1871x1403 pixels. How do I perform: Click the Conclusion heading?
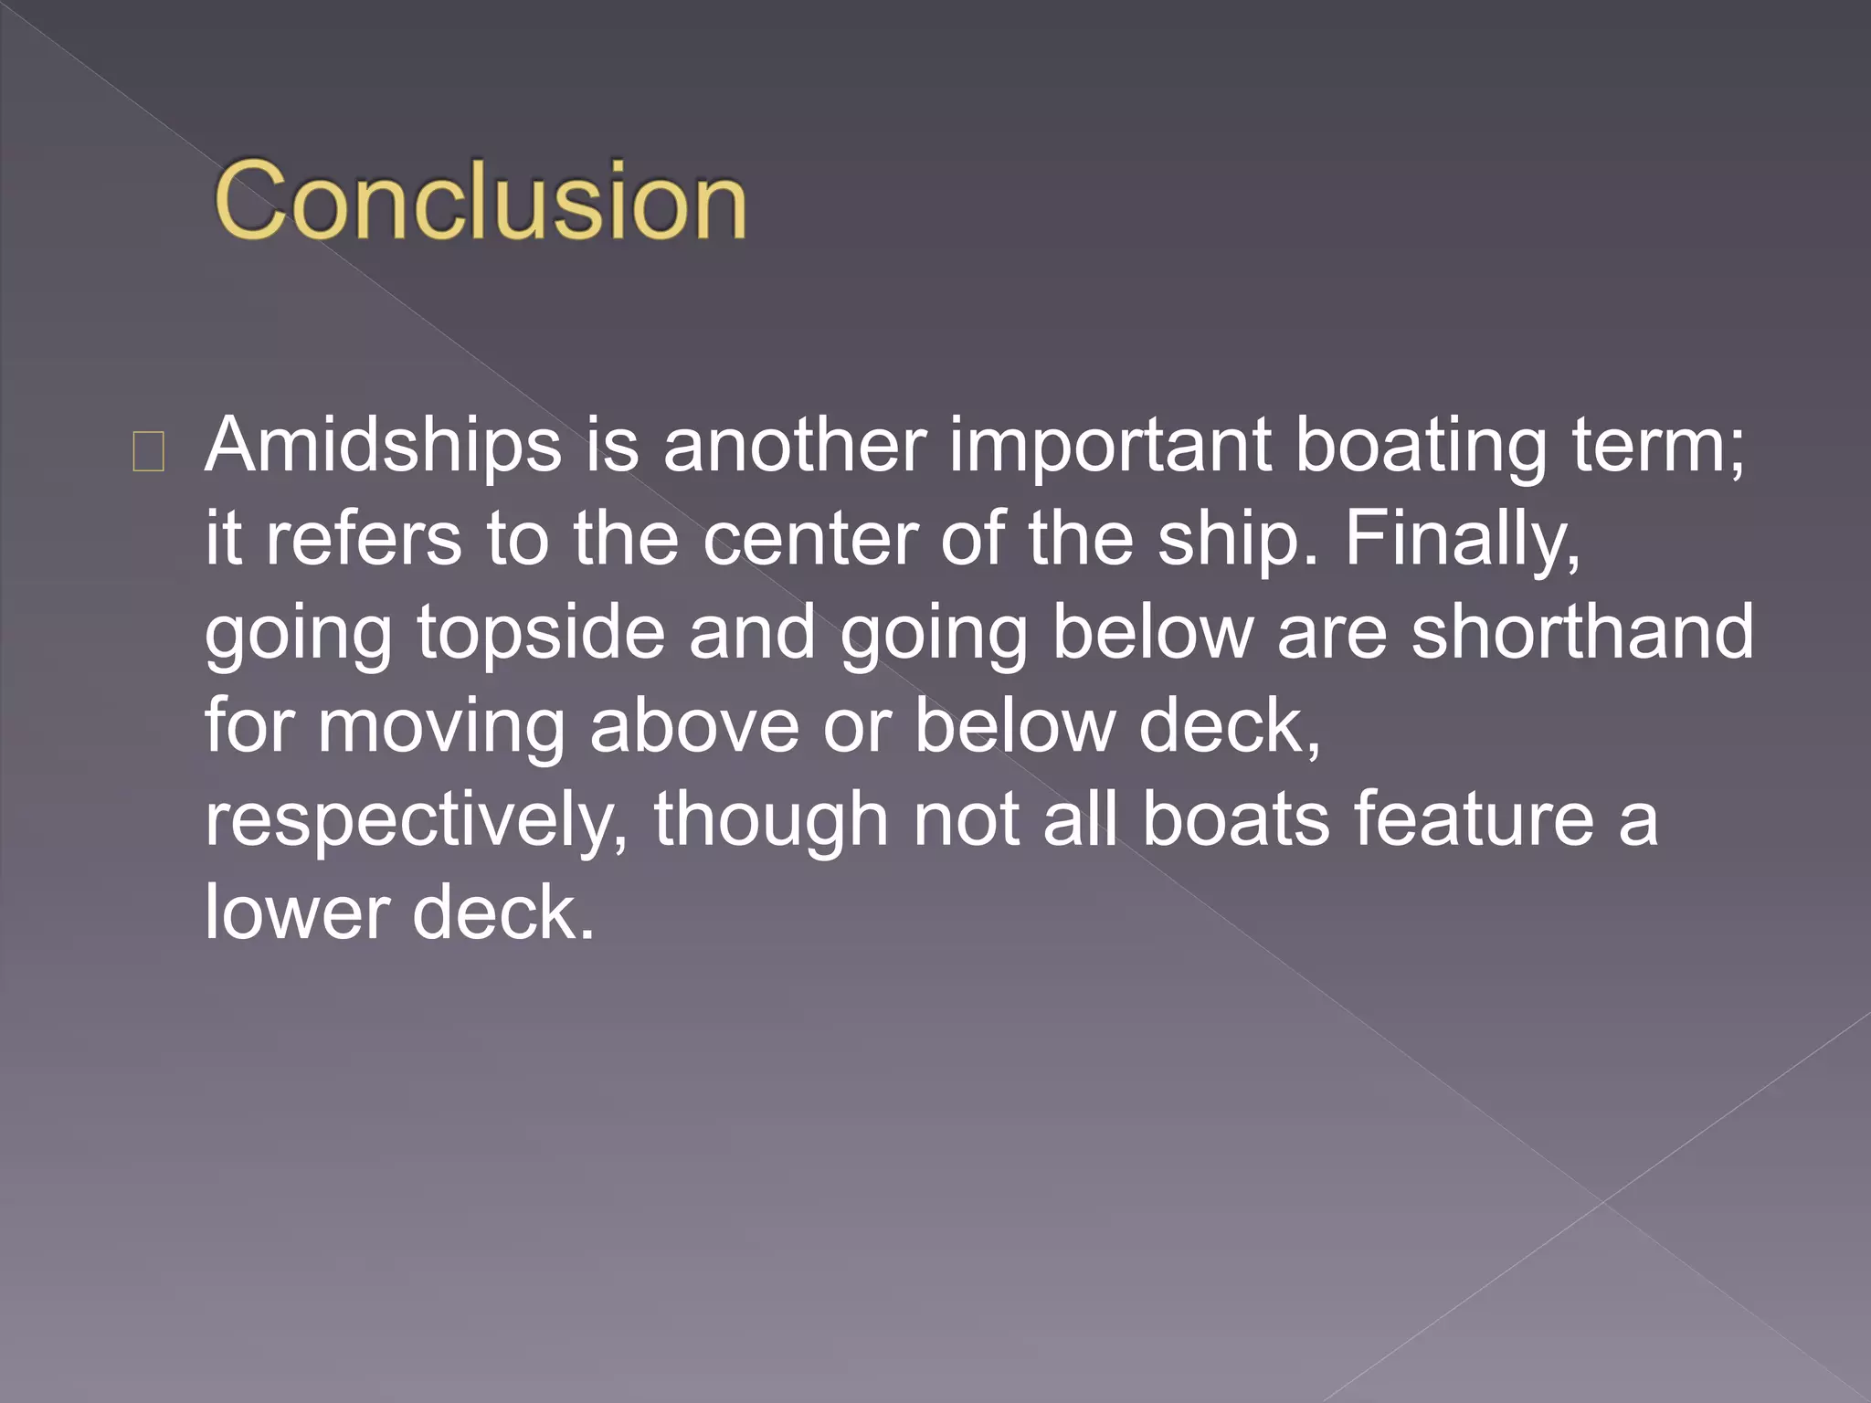pyautogui.click(x=481, y=200)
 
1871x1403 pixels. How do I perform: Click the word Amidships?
pyautogui.click(x=383, y=447)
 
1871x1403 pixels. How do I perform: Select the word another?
pyautogui.click(x=794, y=447)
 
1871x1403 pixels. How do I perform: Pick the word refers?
pyautogui.click(x=364, y=539)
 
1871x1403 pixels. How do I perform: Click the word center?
pyautogui.click(x=809, y=539)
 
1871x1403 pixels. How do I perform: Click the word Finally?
pyautogui.click(x=1462, y=539)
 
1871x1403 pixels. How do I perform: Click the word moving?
pyautogui.click(x=441, y=726)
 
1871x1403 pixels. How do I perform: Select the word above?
pyautogui.click(x=694, y=726)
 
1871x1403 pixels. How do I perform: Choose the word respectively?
pyautogui.click(x=416, y=820)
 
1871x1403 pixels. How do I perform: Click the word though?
pyautogui.click(x=770, y=820)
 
